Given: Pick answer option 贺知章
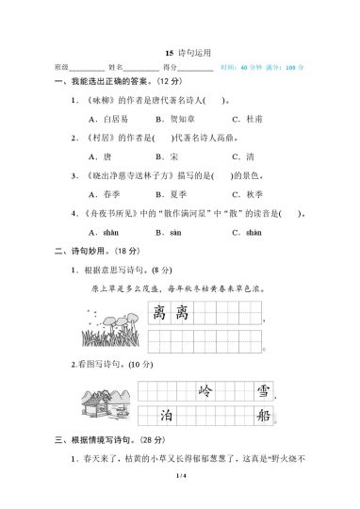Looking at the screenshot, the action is [181, 120].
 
